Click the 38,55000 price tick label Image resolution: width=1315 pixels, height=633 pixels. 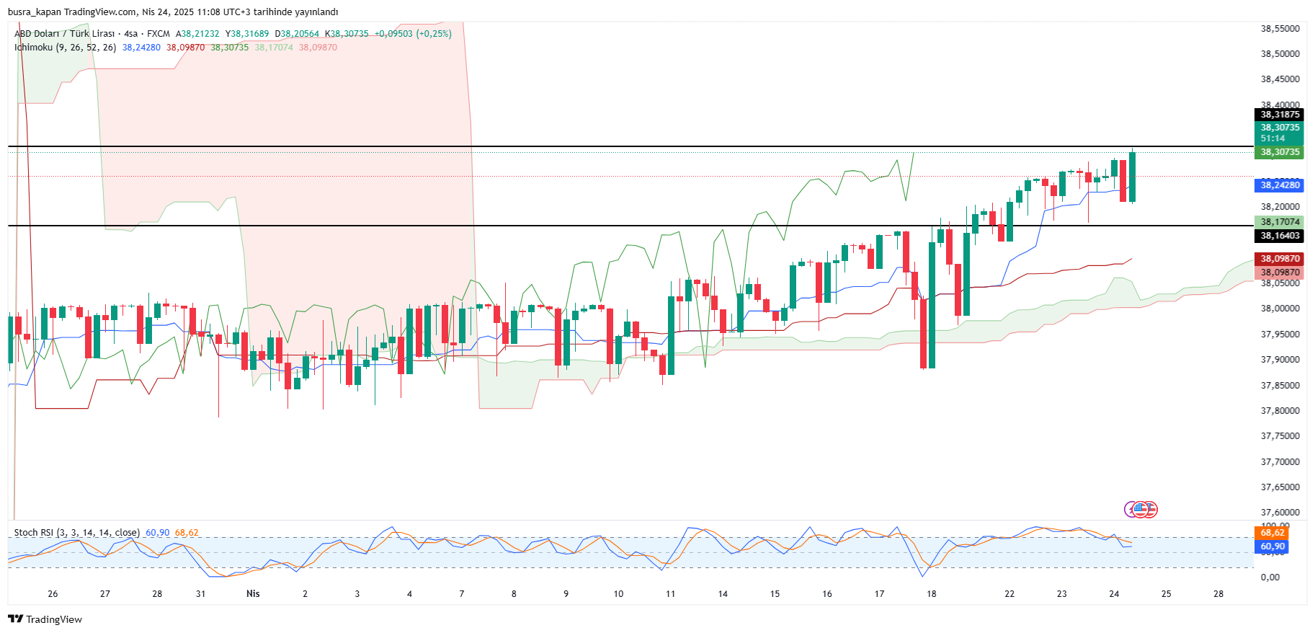click(x=1280, y=29)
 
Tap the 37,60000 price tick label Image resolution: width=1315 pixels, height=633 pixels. click(x=1280, y=513)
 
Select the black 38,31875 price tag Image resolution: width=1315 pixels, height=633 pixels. click(x=1280, y=115)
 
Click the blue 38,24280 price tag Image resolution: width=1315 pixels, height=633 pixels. click(x=1280, y=185)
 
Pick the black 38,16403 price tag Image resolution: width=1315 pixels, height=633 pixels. click(x=1280, y=236)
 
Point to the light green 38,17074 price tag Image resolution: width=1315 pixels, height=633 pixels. click(x=1280, y=222)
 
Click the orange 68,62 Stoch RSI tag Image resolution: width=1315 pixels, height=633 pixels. click(x=1272, y=533)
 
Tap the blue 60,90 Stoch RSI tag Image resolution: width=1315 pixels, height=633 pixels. click(x=1272, y=546)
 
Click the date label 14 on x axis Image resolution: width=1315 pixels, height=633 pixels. click(x=723, y=594)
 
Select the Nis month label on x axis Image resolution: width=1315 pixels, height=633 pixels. click(x=253, y=594)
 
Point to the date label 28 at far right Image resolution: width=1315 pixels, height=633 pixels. click(x=1218, y=594)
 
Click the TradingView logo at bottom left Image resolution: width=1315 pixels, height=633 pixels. click(x=45, y=619)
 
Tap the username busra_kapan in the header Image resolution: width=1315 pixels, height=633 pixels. click(x=34, y=12)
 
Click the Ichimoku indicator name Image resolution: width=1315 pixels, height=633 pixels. click(x=33, y=48)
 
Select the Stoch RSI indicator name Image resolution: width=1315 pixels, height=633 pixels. click(x=35, y=533)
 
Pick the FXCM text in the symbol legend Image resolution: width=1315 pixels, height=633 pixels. click(x=159, y=34)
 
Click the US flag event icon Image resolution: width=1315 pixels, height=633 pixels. click(x=1141, y=510)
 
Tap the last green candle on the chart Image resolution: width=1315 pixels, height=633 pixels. click(x=1133, y=177)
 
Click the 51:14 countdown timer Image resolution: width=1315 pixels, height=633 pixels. click(x=1272, y=138)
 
